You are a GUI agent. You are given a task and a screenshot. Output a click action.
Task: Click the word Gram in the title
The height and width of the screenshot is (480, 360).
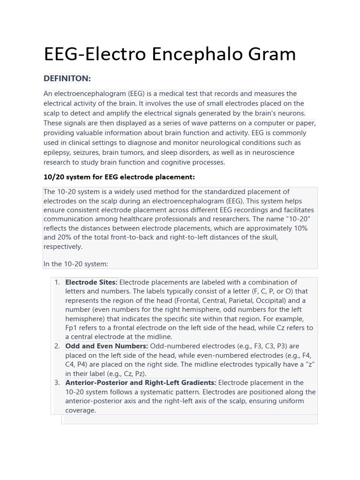[271, 54]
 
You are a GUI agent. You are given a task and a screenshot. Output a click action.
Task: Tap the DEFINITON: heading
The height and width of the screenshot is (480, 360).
[67, 78]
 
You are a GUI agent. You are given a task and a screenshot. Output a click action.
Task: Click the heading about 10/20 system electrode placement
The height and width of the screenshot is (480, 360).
[119, 177]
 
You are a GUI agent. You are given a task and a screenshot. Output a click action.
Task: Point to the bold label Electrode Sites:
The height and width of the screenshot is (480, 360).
[91, 282]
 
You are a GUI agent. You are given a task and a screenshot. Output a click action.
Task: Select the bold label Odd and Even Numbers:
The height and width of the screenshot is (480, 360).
[106, 346]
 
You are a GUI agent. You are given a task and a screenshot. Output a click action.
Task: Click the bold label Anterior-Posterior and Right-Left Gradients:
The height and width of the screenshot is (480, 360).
[141, 382]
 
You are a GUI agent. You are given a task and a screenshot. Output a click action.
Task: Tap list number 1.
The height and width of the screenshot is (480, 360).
[57, 282]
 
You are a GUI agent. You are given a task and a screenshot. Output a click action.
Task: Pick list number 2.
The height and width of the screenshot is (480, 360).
[57, 346]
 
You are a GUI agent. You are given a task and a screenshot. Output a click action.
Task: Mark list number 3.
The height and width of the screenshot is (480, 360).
[57, 382]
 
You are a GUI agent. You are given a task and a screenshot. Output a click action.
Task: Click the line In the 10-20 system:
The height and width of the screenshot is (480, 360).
[76, 264]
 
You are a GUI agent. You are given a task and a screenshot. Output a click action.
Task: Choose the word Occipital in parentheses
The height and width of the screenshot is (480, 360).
[267, 300]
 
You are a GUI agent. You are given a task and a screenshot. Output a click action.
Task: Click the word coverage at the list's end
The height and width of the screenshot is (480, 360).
[80, 410]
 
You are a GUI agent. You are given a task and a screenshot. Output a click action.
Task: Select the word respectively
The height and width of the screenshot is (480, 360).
[63, 247]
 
